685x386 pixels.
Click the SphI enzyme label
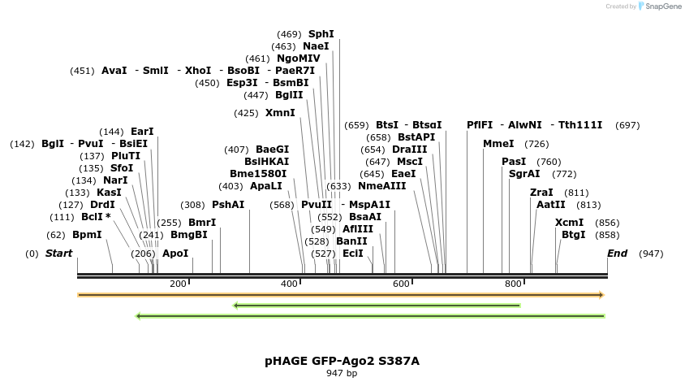[x=321, y=34]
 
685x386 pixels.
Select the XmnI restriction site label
[x=280, y=113]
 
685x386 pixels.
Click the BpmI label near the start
[x=87, y=235]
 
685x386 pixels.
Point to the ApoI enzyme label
[x=175, y=254]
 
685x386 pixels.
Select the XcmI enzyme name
[x=569, y=223]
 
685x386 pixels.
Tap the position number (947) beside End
[x=651, y=254]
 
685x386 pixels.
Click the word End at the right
[x=617, y=254]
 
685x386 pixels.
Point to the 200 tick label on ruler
[x=178, y=284]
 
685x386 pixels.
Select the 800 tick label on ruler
[x=513, y=284]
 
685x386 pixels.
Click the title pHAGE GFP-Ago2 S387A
[x=342, y=361]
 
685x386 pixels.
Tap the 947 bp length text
[x=342, y=374]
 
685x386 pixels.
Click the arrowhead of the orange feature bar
[x=601, y=295]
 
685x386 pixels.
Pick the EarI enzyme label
[x=142, y=132]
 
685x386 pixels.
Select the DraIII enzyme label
[x=409, y=150]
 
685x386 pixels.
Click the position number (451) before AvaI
[x=83, y=71]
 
